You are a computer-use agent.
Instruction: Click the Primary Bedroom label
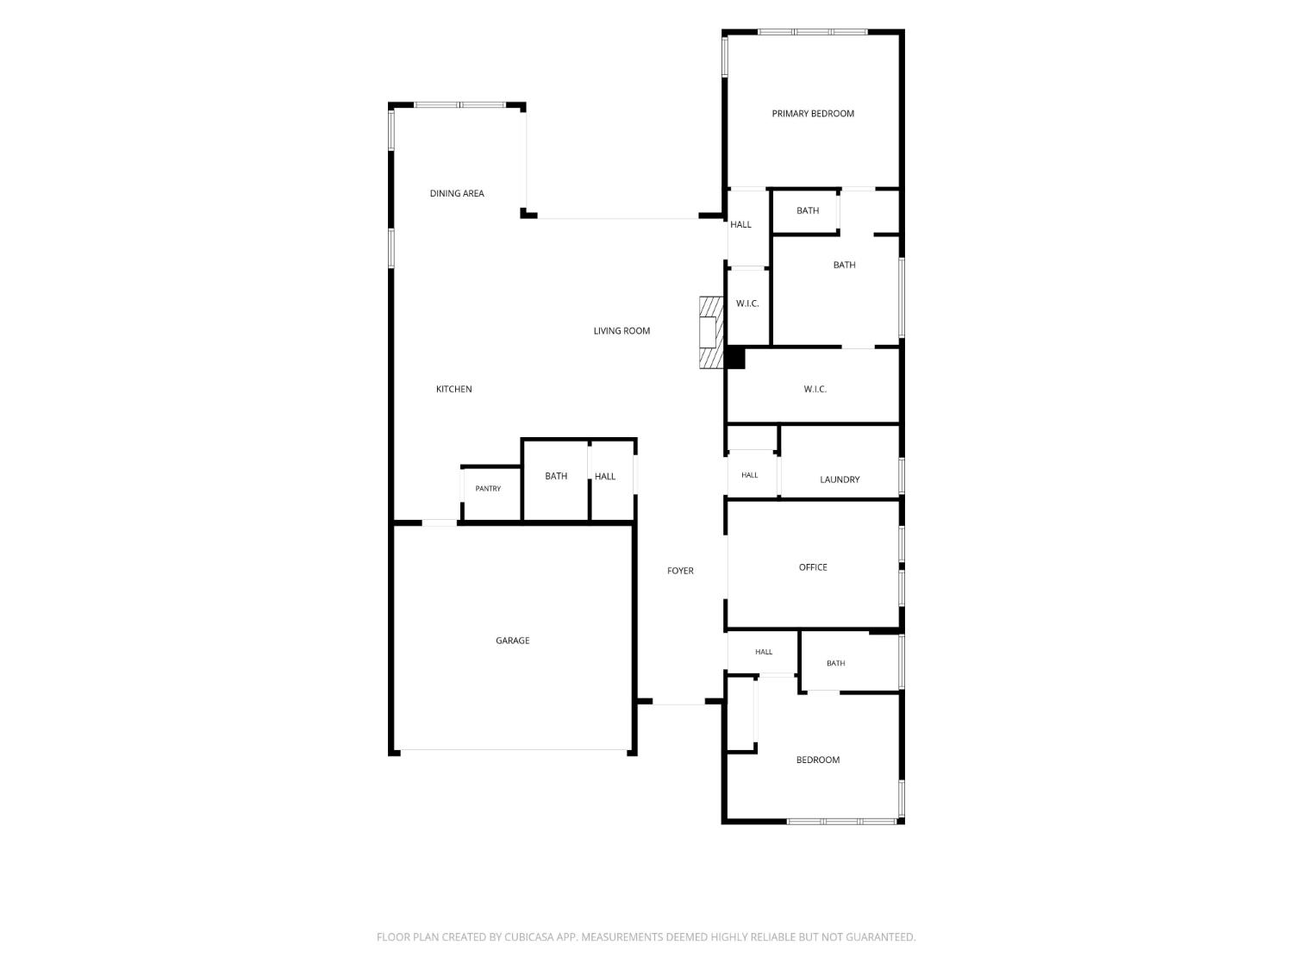(x=812, y=114)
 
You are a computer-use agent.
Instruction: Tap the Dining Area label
(x=457, y=193)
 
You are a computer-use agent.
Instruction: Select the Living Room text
(x=622, y=331)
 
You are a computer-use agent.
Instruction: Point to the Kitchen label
(x=453, y=389)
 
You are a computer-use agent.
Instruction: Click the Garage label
(x=512, y=640)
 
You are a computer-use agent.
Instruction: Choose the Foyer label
(x=680, y=571)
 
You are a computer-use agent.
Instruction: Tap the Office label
(x=812, y=567)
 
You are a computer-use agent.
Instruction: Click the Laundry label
(x=840, y=479)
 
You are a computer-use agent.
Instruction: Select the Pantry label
(x=488, y=489)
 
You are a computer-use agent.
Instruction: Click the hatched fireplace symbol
(x=711, y=333)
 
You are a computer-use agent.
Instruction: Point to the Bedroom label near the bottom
(x=818, y=760)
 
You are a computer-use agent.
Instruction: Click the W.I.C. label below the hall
(x=747, y=304)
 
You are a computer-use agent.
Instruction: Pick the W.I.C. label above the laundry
(x=815, y=390)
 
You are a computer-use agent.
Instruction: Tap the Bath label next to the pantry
(x=555, y=476)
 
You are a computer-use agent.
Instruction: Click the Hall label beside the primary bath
(x=740, y=224)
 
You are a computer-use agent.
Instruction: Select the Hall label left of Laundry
(x=749, y=475)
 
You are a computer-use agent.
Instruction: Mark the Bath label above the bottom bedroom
(x=835, y=663)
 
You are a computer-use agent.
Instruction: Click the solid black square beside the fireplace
(x=735, y=358)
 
